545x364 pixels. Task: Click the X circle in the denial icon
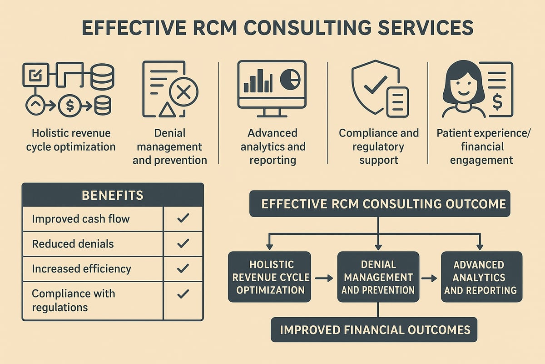pyautogui.click(x=183, y=93)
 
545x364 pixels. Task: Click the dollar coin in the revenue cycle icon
pyautogui.click(x=70, y=106)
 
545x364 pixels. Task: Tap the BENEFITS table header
pyautogui.click(x=113, y=196)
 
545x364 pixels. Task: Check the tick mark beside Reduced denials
pyautogui.click(x=183, y=244)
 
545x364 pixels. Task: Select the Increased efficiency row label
pyautogui.click(x=81, y=269)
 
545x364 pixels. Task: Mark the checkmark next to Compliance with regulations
pyautogui.click(x=183, y=294)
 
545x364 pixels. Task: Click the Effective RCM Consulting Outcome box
pyautogui.click(x=380, y=203)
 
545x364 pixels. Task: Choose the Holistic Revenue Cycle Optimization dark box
pyautogui.click(x=269, y=277)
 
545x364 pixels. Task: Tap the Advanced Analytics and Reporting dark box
pyautogui.click(x=481, y=277)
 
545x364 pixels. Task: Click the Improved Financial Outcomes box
pyautogui.click(x=374, y=329)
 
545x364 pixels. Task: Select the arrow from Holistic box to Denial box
pyautogui.click(x=324, y=277)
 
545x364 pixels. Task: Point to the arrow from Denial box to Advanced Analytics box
pyautogui.click(x=428, y=277)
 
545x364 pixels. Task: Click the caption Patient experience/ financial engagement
pyautogui.click(x=475, y=147)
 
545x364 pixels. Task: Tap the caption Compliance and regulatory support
pyautogui.click(x=379, y=147)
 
